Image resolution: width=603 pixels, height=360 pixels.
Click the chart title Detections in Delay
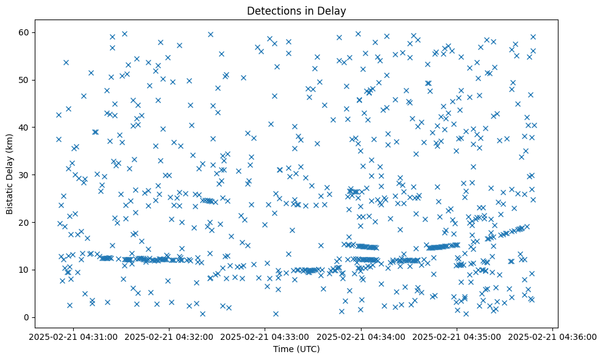(301, 10)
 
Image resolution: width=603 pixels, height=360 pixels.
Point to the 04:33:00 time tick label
(265, 337)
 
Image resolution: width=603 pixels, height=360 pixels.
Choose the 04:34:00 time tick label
(361, 337)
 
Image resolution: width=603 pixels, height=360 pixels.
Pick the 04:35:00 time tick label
(457, 337)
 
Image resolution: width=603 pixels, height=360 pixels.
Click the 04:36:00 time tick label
(552, 337)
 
